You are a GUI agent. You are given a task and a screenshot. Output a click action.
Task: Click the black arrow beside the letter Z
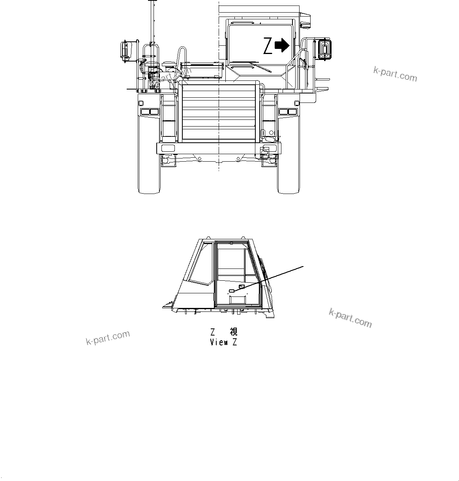282,45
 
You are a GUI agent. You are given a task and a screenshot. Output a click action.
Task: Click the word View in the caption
219,342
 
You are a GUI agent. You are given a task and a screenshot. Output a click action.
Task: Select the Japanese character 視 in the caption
233,332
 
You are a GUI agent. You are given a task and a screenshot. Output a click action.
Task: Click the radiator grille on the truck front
218,112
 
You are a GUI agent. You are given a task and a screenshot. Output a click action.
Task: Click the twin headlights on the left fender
150,112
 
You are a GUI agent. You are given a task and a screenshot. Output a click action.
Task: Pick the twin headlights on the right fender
288,112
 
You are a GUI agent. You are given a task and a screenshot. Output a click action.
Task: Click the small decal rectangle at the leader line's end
232,291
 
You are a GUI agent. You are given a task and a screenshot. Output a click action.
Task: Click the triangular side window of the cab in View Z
198,264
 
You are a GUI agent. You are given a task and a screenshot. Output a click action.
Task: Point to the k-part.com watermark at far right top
395,74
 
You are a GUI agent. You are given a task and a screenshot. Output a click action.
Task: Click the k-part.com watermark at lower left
108,337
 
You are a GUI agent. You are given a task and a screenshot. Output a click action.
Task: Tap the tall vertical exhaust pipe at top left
151,22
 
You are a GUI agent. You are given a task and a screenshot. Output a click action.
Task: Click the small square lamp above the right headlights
297,103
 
